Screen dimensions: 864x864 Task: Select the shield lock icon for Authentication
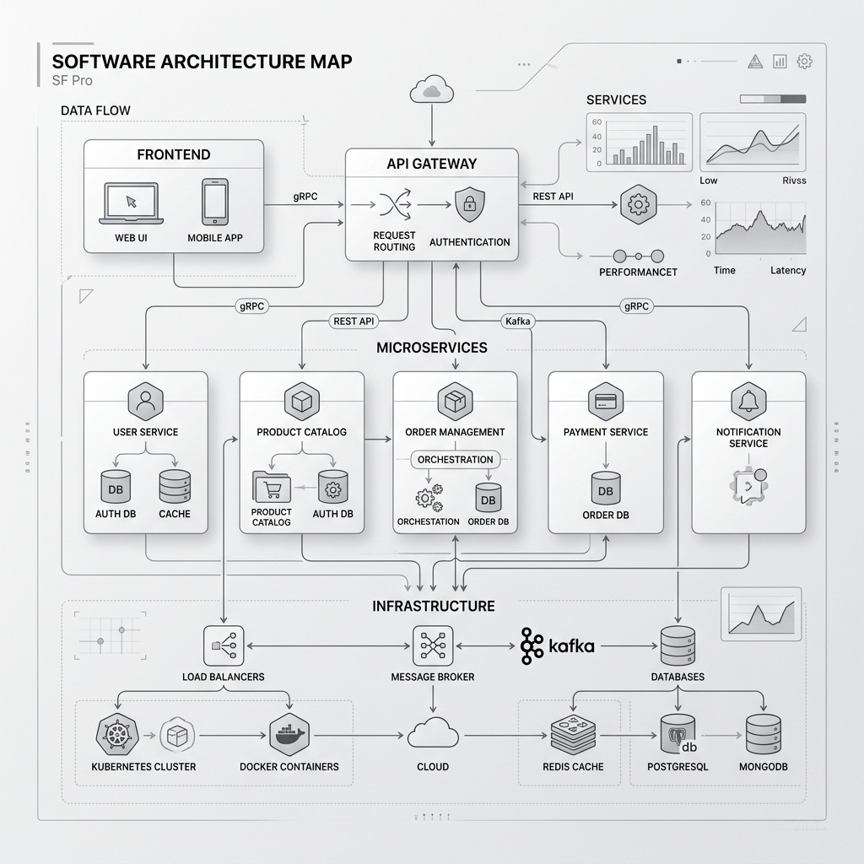click(x=469, y=205)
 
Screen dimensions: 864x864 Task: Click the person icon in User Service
click(x=145, y=400)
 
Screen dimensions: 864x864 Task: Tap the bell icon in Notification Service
click(x=748, y=400)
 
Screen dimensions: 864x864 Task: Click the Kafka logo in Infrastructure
click(x=558, y=646)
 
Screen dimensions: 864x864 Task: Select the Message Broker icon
click(x=432, y=646)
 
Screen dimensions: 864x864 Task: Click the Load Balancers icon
click(x=224, y=646)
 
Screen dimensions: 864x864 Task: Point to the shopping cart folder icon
click(x=271, y=488)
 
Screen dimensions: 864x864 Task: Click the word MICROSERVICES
click(x=431, y=348)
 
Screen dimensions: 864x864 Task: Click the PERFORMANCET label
click(x=638, y=272)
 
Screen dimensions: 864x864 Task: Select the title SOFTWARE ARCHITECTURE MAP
click(x=202, y=62)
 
